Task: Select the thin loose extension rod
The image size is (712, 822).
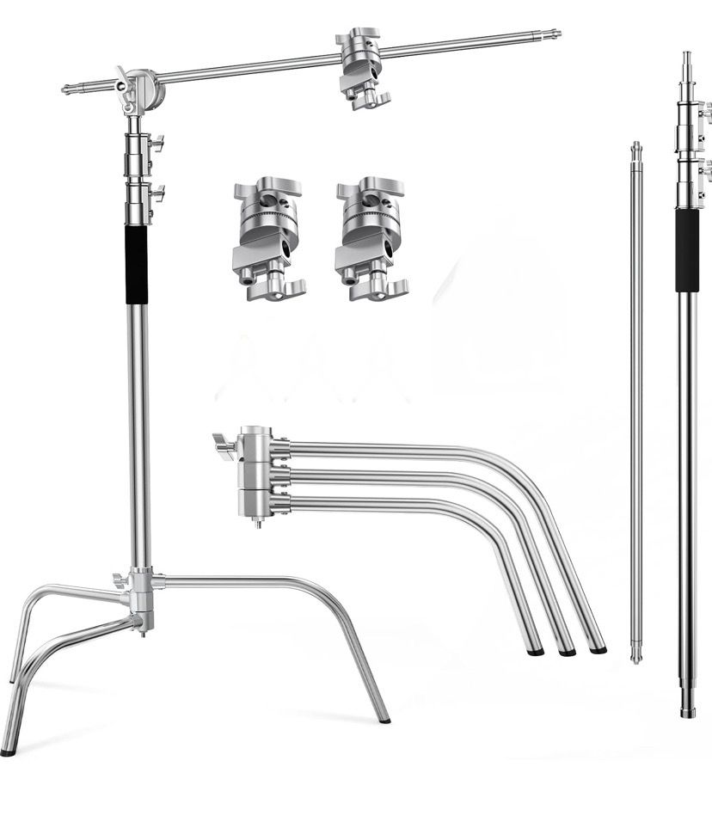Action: point(636,404)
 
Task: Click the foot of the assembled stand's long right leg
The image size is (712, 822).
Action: point(384,718)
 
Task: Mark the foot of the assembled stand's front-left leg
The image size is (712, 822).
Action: point(8,751)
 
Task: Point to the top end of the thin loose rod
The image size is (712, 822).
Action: point(636,146)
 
